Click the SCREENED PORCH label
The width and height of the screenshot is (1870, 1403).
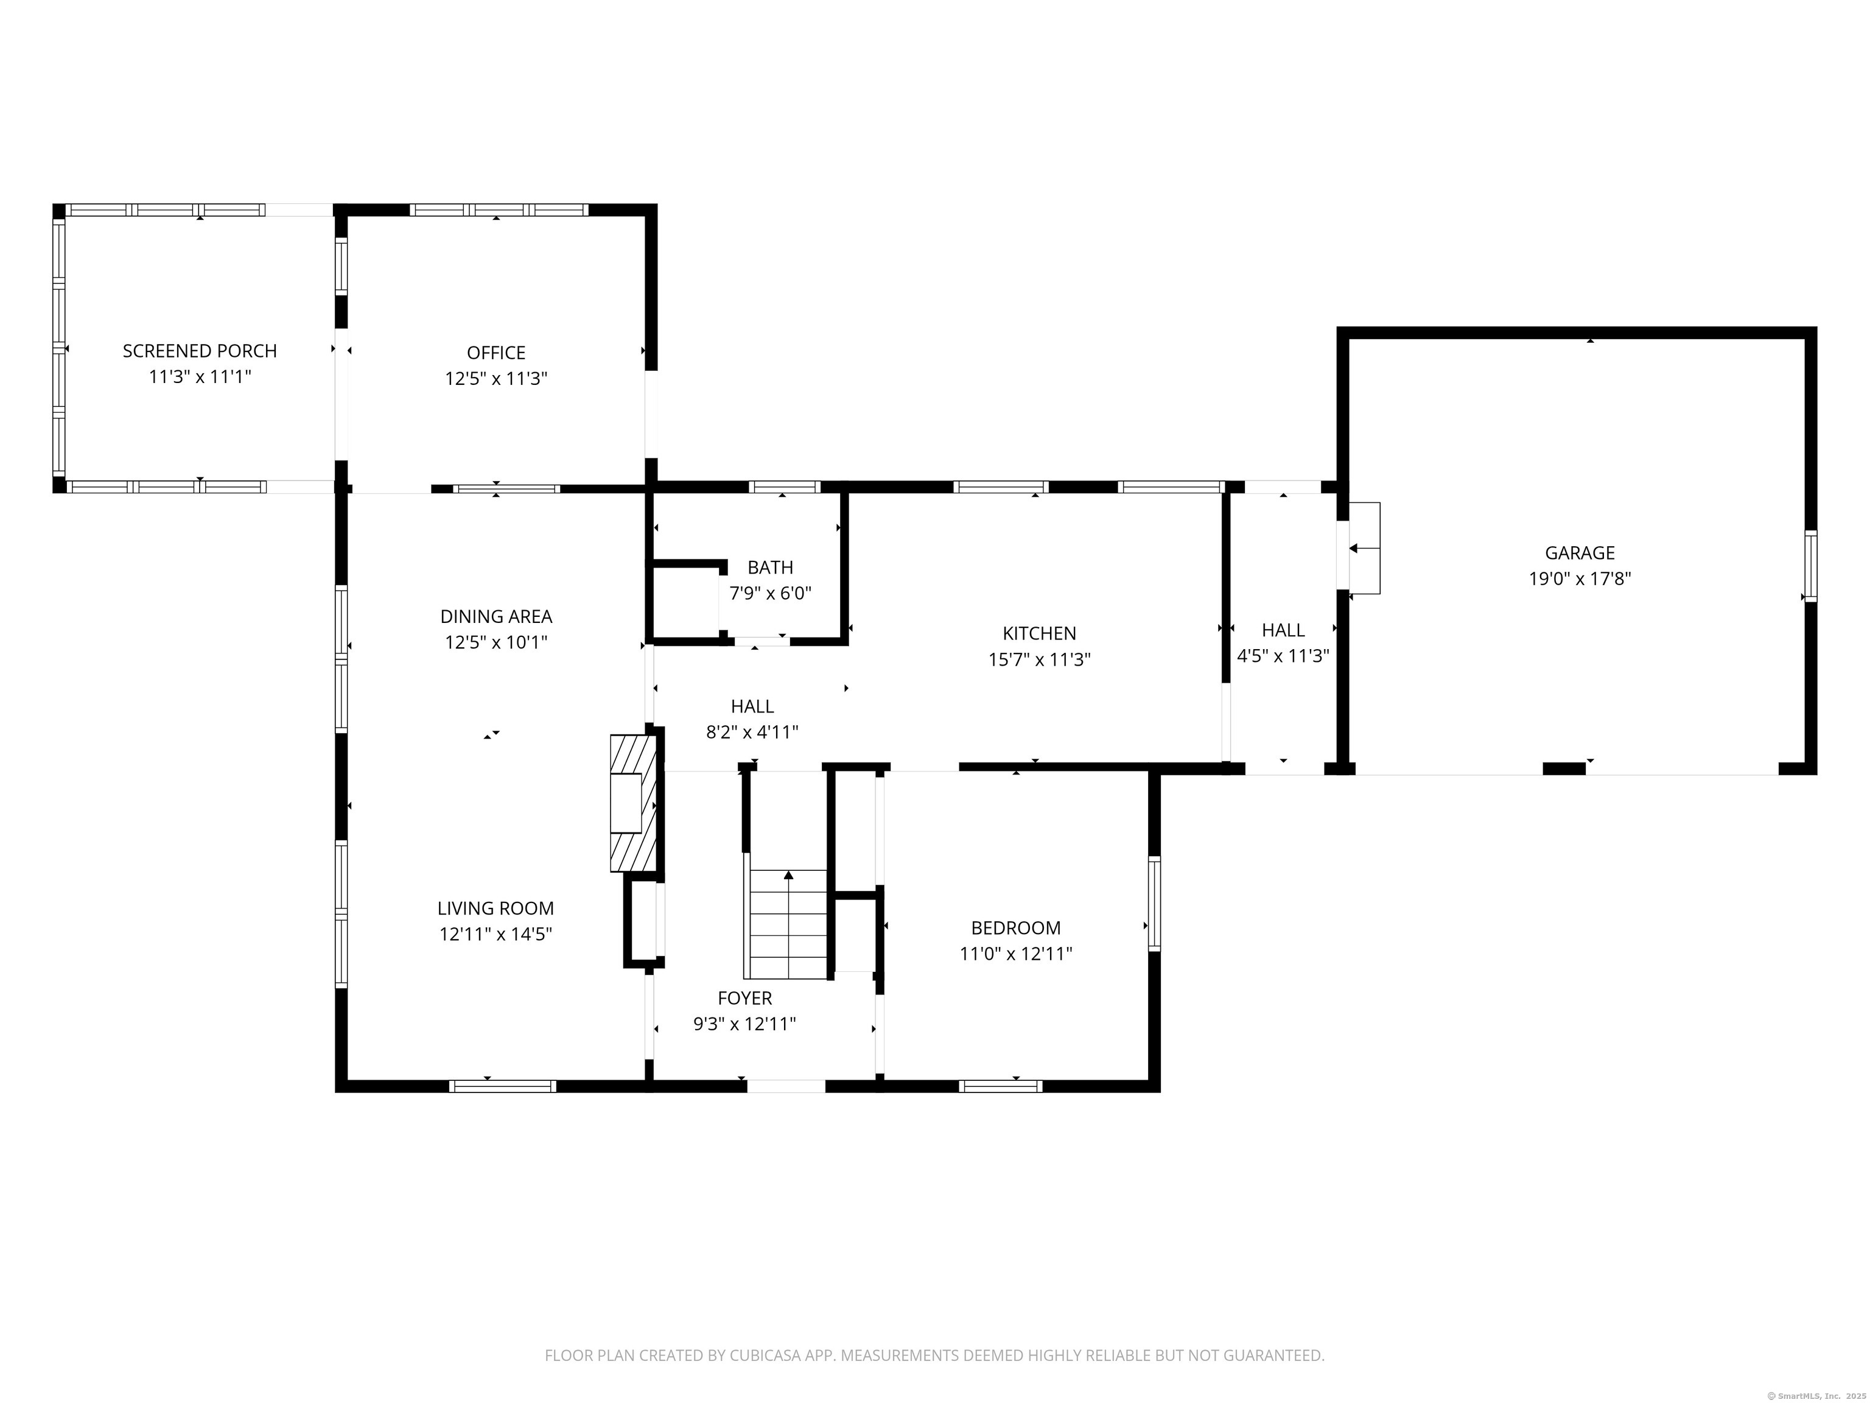tap(200, 351)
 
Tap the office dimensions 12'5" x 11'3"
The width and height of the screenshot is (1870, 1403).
tap(496, 379)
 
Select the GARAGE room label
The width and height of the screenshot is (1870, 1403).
tap(1579, 553)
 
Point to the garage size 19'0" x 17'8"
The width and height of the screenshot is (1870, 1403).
tap(1579, 579)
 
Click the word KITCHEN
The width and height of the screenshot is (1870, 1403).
tap(1039, 633)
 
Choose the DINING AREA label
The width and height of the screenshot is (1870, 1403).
tap(496, 616)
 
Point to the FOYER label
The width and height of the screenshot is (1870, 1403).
tap(745, 998)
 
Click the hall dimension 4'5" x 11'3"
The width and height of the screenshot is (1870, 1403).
tap(1283, 655)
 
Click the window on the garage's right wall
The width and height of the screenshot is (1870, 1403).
tap(1810, 566)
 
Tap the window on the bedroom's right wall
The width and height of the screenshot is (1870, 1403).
tap(1154, 902)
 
